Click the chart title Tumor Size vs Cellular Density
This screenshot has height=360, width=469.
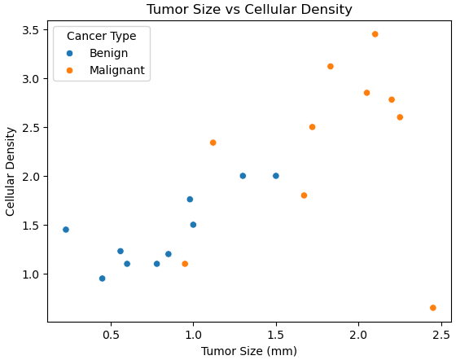(249, 10)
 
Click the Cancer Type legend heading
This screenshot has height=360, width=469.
(101, 36)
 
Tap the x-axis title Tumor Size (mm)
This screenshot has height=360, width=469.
(249, 351)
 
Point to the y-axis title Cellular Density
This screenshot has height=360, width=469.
(11, 171)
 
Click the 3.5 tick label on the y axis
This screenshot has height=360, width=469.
(30, 29)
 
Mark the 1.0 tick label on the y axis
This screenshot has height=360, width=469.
(30, 274)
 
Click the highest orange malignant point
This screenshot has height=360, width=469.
(375, 34)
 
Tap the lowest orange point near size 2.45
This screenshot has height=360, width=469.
(432, 308)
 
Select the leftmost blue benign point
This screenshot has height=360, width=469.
(66, 230)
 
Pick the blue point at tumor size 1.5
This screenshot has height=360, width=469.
(276, 176)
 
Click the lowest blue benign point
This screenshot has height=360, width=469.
(102, 279)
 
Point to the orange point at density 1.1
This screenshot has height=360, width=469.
(185, 264)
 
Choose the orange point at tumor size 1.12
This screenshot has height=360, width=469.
(213, 143)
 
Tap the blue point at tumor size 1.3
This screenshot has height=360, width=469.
(243, 176)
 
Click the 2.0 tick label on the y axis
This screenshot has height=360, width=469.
(30, 177)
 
